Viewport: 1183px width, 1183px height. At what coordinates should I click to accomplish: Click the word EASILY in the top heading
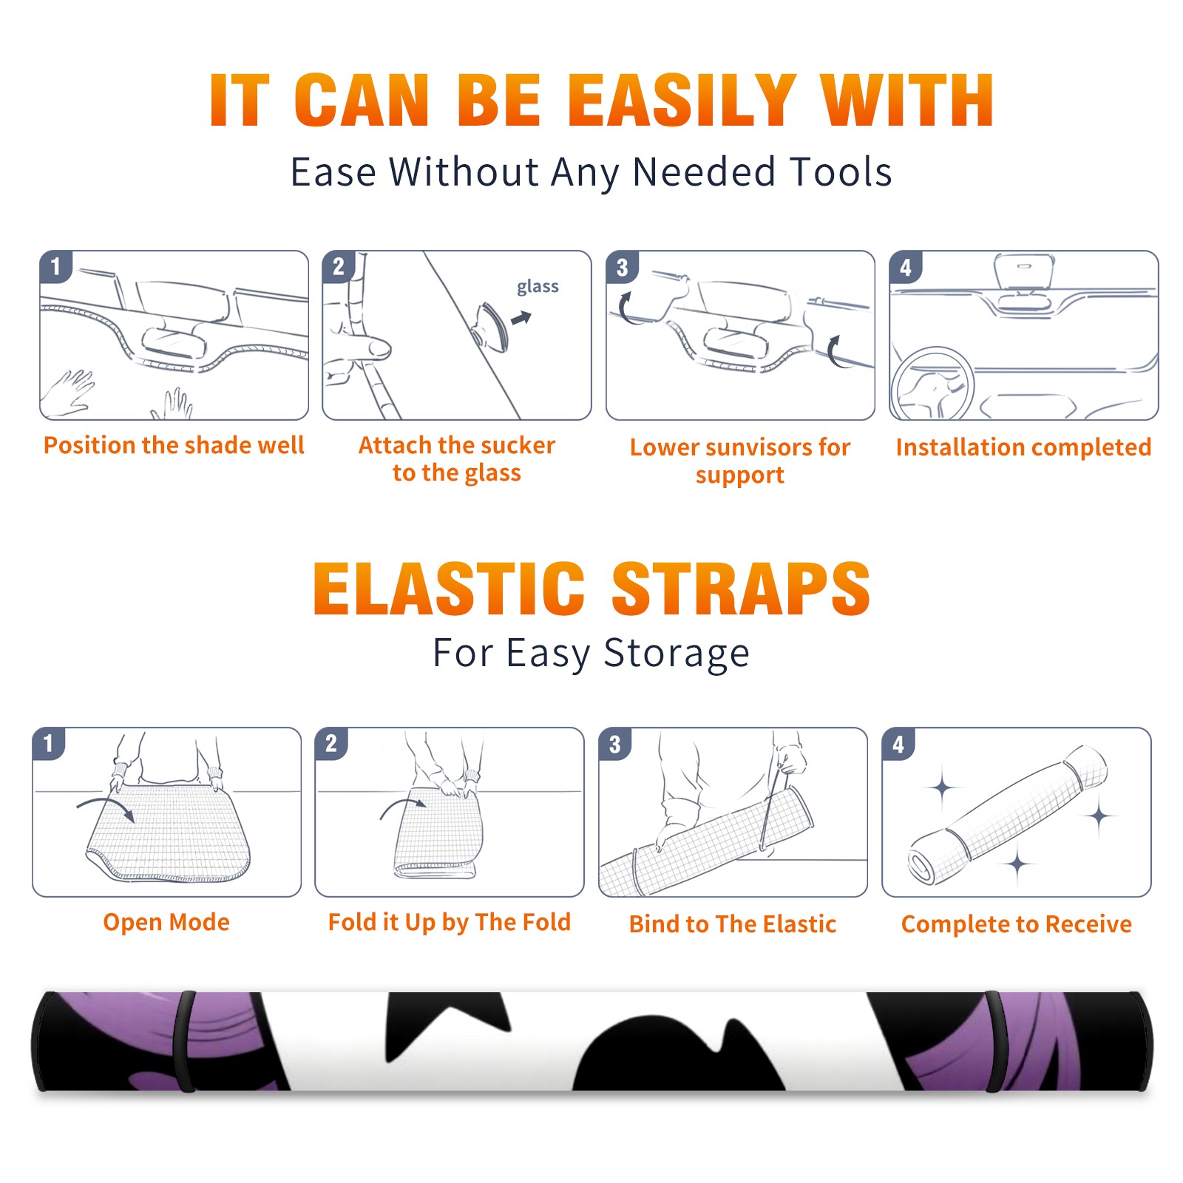tap(682, 101)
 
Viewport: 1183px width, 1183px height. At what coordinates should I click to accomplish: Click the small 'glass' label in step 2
tap(538, 287)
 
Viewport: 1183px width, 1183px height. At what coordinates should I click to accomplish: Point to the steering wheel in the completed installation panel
tap(933, 384)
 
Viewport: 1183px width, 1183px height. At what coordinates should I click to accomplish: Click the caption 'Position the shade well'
tap(174, 445)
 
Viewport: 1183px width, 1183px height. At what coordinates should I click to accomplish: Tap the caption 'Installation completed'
tap(1023, 447)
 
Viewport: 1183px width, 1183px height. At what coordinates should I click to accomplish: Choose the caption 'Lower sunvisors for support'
tap(740, 461)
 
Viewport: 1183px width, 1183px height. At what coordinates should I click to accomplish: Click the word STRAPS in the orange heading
tap(741, 589)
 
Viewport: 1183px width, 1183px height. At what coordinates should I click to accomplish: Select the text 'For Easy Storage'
tap(591, 654)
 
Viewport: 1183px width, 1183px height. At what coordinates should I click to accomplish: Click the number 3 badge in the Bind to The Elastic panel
tap(615, 744)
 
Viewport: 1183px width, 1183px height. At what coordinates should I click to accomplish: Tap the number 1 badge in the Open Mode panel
tap(49, 743)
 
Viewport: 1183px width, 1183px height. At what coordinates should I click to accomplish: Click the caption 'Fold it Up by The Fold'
tap(450, 923)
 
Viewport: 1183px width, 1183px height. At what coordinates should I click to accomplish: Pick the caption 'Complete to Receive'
tap(1017, 924)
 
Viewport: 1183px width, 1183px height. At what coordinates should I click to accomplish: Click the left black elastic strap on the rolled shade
tap(185, 1041)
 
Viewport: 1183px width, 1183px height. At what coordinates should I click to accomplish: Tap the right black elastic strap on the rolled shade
tap(994, 1041)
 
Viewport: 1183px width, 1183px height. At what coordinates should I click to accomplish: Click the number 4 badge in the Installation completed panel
tap(906, 267)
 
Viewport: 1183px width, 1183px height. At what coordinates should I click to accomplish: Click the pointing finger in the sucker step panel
tap(362, 348)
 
